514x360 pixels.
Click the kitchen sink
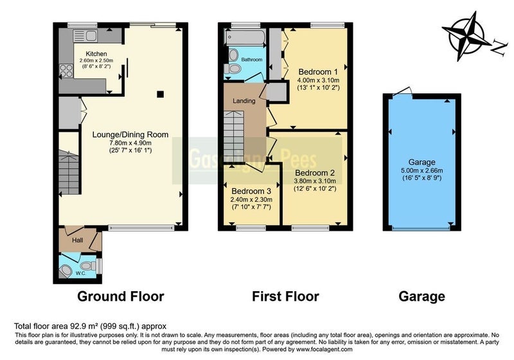[85, 35]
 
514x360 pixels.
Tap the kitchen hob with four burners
[66, 71]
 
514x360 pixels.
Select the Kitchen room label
[96, 54]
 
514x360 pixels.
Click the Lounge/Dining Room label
[130, 134]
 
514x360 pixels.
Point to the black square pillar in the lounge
[160, 94]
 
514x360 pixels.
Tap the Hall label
[77, 240]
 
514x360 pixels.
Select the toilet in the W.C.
[87, 265]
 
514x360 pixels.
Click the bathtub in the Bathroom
[245, 37]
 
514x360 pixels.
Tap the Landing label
[244, 101]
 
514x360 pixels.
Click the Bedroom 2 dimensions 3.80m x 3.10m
[315, 181]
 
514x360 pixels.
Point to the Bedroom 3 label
[251, 191]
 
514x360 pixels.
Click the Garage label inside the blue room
[422, 162]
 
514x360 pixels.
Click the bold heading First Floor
[285, 296]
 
